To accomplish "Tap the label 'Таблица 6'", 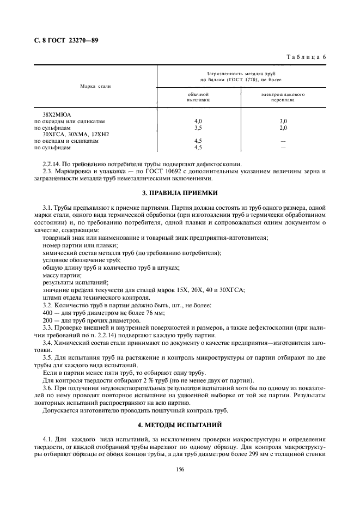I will [306, 57].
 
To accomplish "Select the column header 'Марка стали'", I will [96, 86].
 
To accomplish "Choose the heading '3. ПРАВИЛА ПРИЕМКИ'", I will [180, 192].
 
